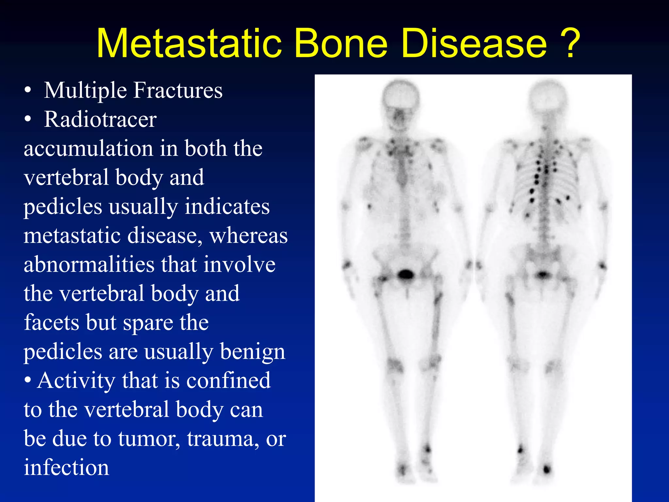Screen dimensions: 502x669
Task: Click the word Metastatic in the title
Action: coord(189,43)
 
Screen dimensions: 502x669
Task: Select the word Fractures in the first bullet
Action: coord(178,90)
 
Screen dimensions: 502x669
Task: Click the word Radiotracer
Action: coord(100,119)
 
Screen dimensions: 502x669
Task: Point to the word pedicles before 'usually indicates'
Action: coord(63,207)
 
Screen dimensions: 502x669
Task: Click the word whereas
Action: coord(248,235)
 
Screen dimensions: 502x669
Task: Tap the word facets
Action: coord(51,323)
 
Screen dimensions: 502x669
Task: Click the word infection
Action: coord(66,467)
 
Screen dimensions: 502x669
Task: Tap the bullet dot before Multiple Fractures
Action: coord(28,90)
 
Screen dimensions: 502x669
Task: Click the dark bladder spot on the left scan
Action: coord(405,274)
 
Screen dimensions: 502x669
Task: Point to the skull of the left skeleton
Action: coord(401,98)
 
